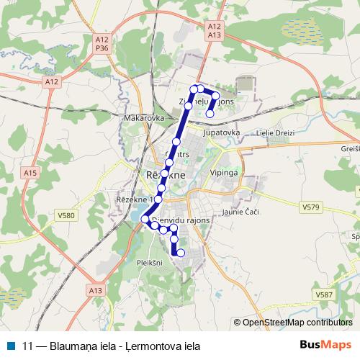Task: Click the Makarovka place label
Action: (x=145, y=117)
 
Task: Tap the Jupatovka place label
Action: (x=221, y=133)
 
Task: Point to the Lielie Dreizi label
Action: (x=272, y=133)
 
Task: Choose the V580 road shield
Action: (x=66, y=215)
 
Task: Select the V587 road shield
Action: (x=325, y=294)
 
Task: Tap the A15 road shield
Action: (x=30, y=173)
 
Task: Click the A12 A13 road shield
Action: (x=213, y=30)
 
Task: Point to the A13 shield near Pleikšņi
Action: (x=96, y=289)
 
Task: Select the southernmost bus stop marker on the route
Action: (x=181, y=253)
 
